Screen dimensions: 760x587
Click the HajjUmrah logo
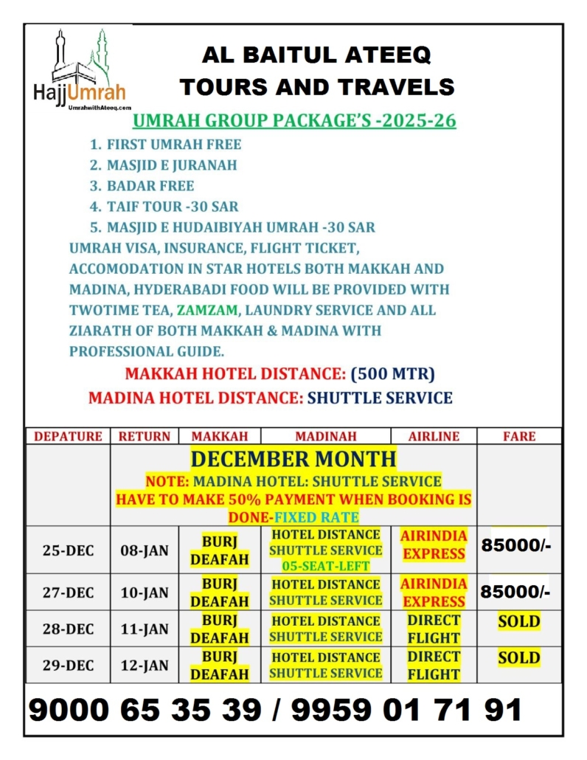pyautogui.click(x=80, y=71)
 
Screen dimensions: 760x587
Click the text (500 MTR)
pyautogui.click(x=393, y=373)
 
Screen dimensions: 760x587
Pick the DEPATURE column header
pyautogui.click(x=68, y=436)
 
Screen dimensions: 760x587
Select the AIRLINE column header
pyautogui.click(x=434, y=436)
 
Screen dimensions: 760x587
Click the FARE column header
pyautogui.click(x=519, y=436)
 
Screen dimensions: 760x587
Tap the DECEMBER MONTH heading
pyautogui.click(x=293, y=459)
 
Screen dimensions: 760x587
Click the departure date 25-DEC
pyautogui.click(x=68, y=549)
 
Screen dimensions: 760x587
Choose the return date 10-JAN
pyautogui.click(x=145, y=592)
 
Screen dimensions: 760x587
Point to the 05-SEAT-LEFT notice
pyautogui.click(x=325, y=565)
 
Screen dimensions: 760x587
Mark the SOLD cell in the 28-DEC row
pyautogui.click(x=519, y=621)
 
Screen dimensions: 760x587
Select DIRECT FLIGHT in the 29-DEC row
pyautogui.click(x=434, y=665)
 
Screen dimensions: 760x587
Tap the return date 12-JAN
pyautogui.click(x=145, y=665)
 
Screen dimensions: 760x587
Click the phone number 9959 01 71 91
pyautogui.click(x=406, y=710)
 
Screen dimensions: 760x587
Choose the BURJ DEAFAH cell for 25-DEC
pyautogui.click(x=220, y=550)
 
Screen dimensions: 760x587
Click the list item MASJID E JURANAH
pyautogui.click(x=172, y=165)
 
